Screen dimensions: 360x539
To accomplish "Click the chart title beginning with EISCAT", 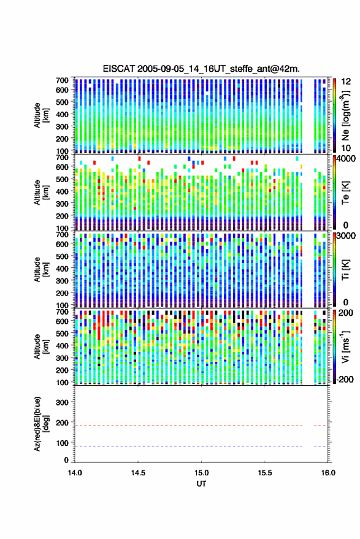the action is click(201, 69).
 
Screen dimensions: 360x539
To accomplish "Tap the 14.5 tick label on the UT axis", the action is click(138, 473).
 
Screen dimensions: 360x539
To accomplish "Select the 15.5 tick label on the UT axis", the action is click(265, 473).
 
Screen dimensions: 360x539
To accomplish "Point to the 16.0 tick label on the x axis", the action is click(328, 473).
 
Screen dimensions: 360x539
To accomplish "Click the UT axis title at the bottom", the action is click(202, 484).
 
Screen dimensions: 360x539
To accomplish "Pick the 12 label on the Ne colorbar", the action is click(346, 82).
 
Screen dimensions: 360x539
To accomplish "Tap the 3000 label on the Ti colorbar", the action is click(346, 236).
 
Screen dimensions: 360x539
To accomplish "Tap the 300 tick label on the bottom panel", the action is click(62, 402).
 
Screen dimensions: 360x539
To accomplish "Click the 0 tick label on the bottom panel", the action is click(66, 460).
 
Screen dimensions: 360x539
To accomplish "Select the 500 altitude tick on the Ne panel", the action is click(62, 102).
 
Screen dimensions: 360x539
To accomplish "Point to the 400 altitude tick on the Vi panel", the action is click(62, 346).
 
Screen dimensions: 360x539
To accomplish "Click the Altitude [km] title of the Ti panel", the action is click(42, 270).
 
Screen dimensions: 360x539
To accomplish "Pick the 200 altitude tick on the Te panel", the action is click(62, 216).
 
